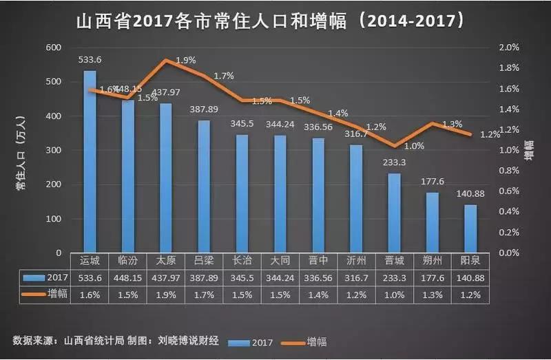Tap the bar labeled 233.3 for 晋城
pyautogui.click(x=393, y=213)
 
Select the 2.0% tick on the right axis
pyautogui.click(x=508, y=47)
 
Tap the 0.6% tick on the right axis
pyautogui.click(x=508, y=191)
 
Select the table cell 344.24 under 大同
pyautogui.click(x=280, y=277)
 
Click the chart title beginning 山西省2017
pyautogui.click(x=269, y=21)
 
